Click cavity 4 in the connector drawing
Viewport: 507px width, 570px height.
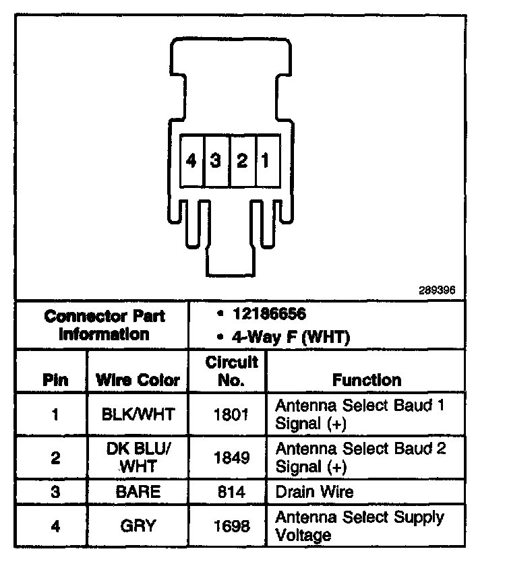tap(192, 161)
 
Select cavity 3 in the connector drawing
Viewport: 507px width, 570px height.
tap(216, 161)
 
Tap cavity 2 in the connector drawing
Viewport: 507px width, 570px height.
tap(241, 161)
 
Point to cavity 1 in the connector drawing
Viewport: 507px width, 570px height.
tap(266, 161)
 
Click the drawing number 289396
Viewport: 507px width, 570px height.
tap(437, 291)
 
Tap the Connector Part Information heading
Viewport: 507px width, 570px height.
tap(104, 325)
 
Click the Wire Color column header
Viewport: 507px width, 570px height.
tap(138, 380)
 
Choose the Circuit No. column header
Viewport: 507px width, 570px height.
tap(231, 371)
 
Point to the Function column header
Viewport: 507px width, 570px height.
tap(366, 380)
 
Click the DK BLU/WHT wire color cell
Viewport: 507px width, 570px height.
tap(138, 457)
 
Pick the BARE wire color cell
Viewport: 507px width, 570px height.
tap(138, 492)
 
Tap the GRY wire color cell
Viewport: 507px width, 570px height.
tap(138, 526)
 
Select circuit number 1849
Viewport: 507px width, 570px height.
tap(231, 457)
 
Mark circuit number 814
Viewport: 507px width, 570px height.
tap(231, 492)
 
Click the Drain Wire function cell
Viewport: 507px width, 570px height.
tap(314, 492)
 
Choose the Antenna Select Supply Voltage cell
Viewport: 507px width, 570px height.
tap(359, 526)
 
